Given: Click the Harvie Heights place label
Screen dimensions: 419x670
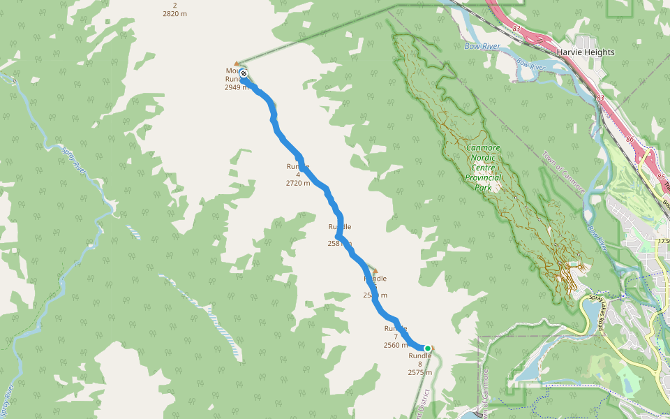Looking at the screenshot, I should (586, 52).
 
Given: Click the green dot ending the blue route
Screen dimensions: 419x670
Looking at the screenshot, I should (428, 348).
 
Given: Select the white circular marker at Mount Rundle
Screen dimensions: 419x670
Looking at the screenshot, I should (244, 73).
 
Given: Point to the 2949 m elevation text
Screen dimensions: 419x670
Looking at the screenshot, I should (236, 88).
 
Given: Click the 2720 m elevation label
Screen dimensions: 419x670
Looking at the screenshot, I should (298, 183).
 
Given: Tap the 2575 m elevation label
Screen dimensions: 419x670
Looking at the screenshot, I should (420, 373).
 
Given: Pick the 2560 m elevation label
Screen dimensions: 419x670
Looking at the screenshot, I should (396, 345).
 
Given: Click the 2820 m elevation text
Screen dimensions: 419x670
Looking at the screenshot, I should (174, 13).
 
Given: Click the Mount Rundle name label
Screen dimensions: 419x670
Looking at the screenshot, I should (233, 75).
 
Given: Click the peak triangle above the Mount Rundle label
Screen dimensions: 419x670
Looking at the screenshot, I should (237, 64).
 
